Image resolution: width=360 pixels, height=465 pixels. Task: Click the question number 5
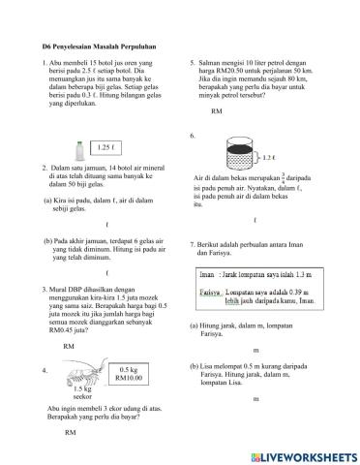point(194,63)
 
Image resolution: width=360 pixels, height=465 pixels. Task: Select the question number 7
point(194,243)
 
